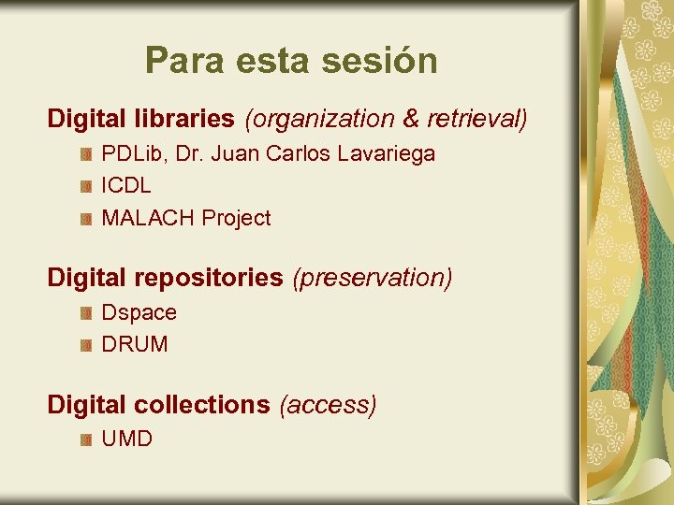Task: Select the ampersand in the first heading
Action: tap(409, 119)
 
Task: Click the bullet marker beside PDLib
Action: tap(85, 153)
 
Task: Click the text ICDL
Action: tap(125, 185)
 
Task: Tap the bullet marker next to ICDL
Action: tap(85, 186)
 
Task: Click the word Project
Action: tap(236, 218)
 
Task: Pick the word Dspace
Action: tap(139, 312)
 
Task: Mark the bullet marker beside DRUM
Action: tap(85, 345)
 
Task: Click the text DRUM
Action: tap(135, 344)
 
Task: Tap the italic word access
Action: tap(328, 405)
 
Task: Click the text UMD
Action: tap(126, 439)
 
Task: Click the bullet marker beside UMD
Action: tap(85, 440)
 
